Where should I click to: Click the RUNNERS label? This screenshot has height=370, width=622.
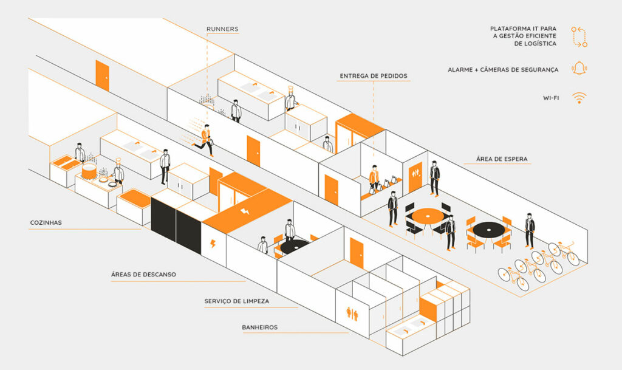tap(222, 29)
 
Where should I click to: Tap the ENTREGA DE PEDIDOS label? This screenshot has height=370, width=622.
tap(374, 76)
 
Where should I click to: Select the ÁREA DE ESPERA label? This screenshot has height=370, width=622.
tap(502, 159)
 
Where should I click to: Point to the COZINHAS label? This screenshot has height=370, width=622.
tap(46, 222)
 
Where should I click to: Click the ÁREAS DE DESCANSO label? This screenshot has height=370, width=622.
tap(143, 274)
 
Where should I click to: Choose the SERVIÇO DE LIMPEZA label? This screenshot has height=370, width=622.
tap(237, 301)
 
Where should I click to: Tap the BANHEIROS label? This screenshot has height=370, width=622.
tap(260, 327)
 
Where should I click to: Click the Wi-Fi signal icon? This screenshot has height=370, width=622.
tap(579, 98)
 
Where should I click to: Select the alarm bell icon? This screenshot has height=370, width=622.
tap(579, 68)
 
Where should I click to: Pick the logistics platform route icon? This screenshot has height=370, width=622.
tap(579, 36)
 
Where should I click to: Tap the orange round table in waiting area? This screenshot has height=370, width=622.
tap(428, 216)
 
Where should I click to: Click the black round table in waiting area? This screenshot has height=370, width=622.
tap(489, 230)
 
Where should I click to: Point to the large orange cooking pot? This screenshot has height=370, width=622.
tap(89, 171)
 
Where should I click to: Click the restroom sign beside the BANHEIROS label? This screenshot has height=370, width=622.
tap(352, 313)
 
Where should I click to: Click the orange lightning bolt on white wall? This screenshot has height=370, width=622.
tap(213, 243)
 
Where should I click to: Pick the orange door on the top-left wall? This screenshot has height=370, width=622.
tap(102, 75)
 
